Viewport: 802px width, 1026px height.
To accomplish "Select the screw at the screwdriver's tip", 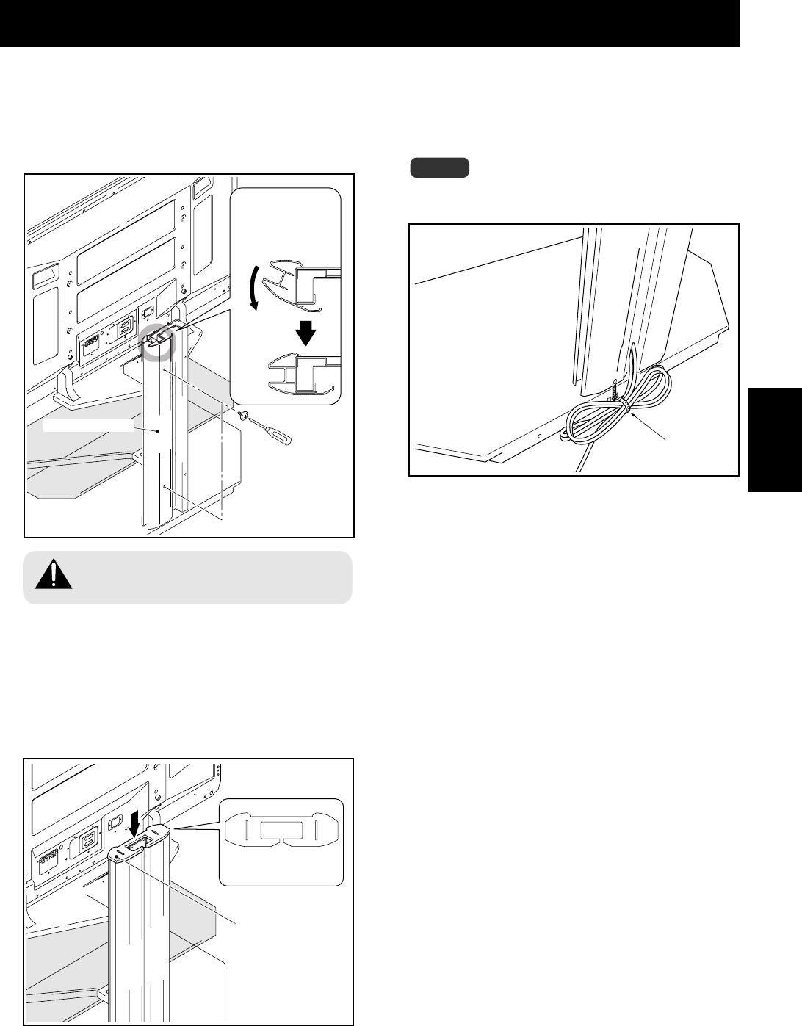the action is [x=245, y=416].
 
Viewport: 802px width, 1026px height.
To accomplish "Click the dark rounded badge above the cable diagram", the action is [x=439, y=167].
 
